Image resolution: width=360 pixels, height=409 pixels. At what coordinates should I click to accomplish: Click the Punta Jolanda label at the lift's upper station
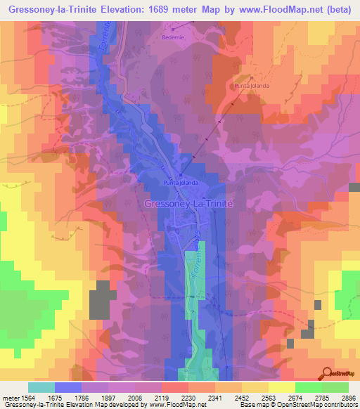point(252,86)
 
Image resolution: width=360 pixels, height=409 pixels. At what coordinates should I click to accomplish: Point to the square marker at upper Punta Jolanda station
point(252,78)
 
